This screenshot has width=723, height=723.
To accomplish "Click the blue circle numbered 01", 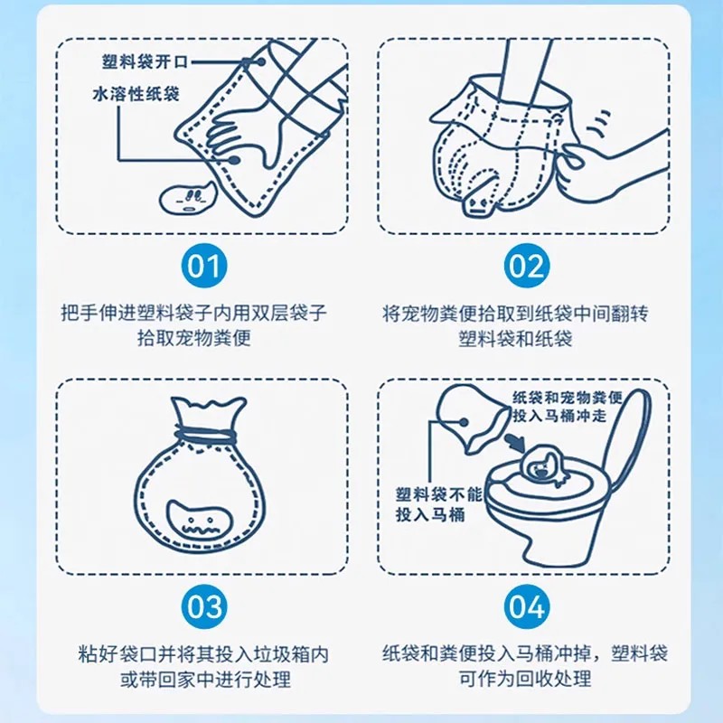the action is pyautogui.click(x=204, y=266).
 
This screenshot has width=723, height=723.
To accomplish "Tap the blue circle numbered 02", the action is pyautogui.click(x=527, y=266).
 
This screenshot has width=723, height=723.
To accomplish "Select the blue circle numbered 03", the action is pyautogui.click(x=204, y=606).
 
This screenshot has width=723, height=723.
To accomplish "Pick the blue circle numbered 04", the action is pyautogui.click(x=527, y=606).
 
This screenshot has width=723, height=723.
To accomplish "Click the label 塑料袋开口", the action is pyautogui.click(x=146, y=62).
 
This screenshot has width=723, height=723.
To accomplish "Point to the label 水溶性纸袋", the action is pyautogui.click(x=136, y=94).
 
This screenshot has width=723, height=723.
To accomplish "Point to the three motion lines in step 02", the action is pyautogui.click(x=599, y=124).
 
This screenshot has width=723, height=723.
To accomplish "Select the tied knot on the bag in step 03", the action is pyautogui.click(x=204, y=436).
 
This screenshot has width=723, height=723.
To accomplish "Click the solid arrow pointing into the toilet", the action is pyautogui.click(x=515, y=443).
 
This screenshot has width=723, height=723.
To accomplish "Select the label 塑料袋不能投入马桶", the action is pyautogui.click(x=438, y=504).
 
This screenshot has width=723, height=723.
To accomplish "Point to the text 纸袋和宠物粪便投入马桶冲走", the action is pyautogui.click(x=568, y=406).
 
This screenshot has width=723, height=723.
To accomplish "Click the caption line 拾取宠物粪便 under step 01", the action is pyautogui.click(x=194, y=338).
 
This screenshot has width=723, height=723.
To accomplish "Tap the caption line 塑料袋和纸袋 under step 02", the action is pyautogui.click(x=515, y=338).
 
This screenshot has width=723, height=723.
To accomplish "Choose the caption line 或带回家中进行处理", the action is pyautogui.click(x=206, y=680).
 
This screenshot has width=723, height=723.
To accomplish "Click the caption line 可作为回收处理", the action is pyautogui.click(x=525, y=679).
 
